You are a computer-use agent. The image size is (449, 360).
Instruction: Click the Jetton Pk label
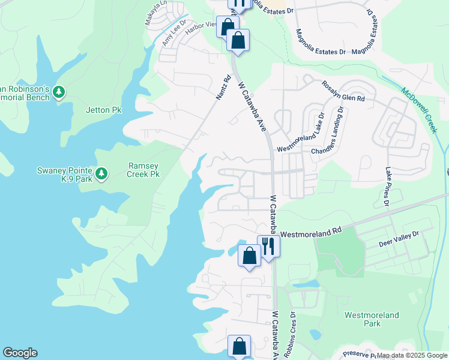pos(104,110)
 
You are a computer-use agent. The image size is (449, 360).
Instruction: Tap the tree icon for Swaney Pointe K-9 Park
pos(102,174)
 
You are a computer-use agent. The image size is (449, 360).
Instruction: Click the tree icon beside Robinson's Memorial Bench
pos(59,92)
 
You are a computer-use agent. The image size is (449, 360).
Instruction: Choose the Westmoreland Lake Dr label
pos(300,136)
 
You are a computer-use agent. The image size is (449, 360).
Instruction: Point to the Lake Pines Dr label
pos(388,187)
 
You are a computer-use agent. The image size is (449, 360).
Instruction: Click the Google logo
pos(20,353)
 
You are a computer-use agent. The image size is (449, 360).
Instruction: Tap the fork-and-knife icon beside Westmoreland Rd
pos(268,246)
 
